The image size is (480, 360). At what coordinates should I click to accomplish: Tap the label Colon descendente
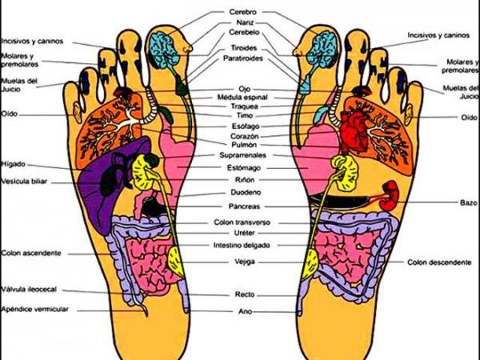439,262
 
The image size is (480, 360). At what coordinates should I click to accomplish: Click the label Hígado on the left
13,163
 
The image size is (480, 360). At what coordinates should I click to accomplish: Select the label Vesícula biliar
23,181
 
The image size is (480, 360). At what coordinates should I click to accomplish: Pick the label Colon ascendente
31,253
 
